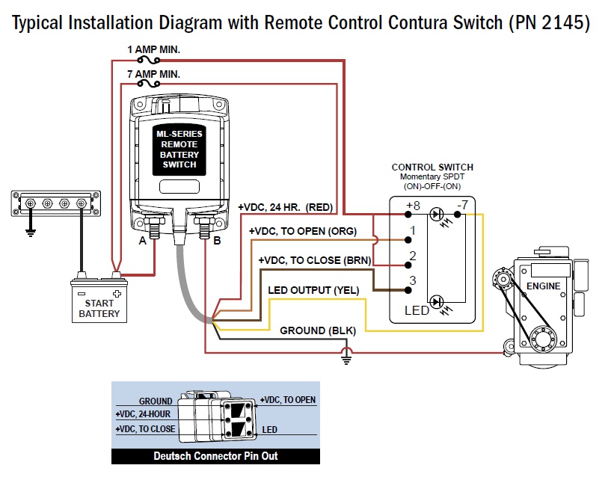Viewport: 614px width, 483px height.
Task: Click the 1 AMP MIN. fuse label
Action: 153,49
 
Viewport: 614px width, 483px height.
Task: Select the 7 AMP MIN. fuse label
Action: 153,74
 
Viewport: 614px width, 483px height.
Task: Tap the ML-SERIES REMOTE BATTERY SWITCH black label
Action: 179,150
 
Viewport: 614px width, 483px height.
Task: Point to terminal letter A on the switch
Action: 142,241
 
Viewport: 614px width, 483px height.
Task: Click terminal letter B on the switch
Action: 217,241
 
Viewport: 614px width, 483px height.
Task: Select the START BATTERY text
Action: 99,309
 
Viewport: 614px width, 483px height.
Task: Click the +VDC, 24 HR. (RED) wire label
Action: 285,206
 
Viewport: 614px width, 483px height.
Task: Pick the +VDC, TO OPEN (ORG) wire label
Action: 303,231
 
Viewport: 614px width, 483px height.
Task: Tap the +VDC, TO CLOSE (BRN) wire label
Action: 309,259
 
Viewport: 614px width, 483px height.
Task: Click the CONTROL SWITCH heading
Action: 432,167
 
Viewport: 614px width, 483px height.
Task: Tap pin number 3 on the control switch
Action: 411,281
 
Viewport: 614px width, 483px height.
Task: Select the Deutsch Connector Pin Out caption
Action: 215,455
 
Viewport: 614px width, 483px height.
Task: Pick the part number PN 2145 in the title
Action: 555,22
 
